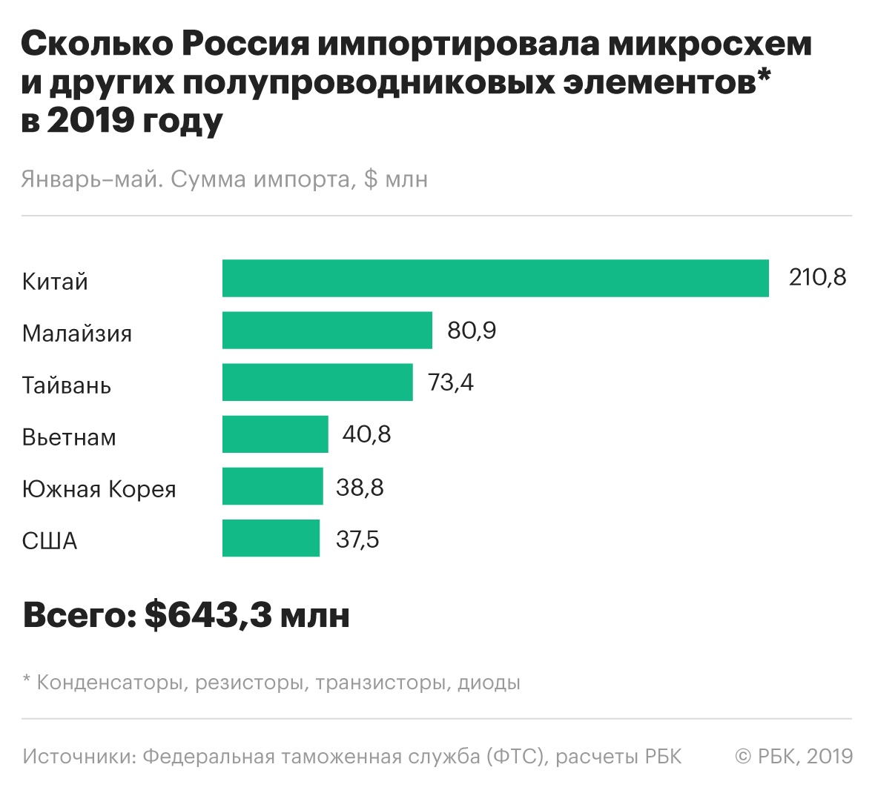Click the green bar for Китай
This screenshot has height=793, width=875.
click(495, 279)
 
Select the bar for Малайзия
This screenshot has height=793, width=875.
click(327, 331)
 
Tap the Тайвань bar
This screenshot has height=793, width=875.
click(317, 382)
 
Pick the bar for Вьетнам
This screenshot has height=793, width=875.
click(275, 434)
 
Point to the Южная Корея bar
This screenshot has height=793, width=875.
click(272, 486)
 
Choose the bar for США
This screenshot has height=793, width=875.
click(271, 538)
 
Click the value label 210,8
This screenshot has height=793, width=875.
click(817, 277)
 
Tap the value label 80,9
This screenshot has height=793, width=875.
click(472, 330)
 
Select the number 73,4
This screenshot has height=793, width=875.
click(451, 382)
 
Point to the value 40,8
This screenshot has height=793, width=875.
click(366, 434)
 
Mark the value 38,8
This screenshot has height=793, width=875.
click(360, 487)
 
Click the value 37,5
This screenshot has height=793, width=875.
click(357, 539)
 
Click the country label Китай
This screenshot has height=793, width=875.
click(55, 282)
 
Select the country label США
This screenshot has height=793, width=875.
click(50, 541)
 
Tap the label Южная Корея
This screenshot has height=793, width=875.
click(99, 489)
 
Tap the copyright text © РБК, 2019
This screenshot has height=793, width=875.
click(793, 756)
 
